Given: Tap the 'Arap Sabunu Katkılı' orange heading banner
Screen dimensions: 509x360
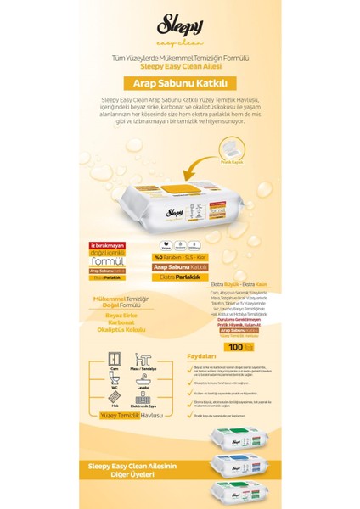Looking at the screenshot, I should click(179, 83).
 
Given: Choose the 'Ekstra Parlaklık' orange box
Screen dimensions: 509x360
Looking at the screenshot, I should click(177, 276).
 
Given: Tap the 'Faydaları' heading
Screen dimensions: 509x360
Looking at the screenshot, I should click(194, 357).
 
